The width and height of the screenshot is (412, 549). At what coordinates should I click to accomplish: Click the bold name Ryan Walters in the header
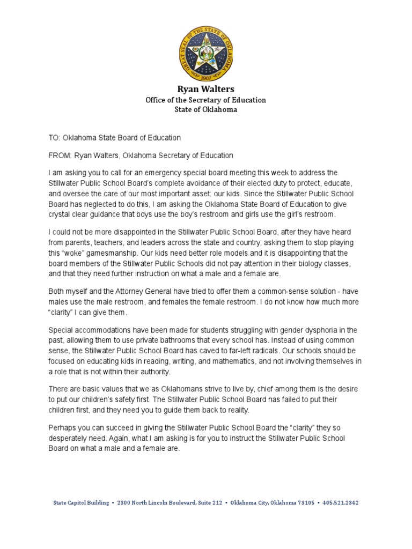(x=205, y=89)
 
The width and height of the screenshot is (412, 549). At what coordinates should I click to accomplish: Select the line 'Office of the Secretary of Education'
(x=205, y=100)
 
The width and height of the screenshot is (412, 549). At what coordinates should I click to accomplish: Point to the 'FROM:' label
(x=60, y=155)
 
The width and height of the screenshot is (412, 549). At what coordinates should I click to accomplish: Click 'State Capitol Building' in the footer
(x=80, y=503)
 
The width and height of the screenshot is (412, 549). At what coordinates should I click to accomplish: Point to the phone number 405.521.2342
(x=341, y=503)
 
